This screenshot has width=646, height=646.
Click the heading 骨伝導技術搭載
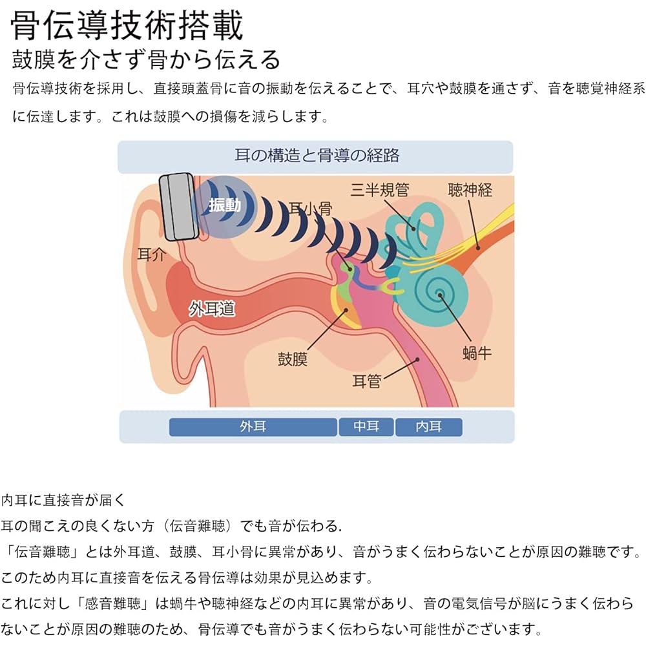tap(127, 25)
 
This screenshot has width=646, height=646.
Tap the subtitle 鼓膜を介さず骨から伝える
tap(146, 59)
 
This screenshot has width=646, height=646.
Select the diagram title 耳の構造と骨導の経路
tap(317, 156)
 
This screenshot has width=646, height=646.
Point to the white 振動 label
tap(225, 205)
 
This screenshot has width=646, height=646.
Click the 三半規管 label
tap(379, 189)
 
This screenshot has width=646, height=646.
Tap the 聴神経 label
tap(470, 190)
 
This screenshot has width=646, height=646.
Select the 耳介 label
tap(152, 255)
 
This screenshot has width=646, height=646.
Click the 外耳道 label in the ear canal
tap(212, 308)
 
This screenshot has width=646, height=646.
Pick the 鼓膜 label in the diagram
tap(293, 359)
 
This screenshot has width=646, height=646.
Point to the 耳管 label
tap(367, 381)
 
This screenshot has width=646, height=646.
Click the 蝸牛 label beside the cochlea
tap(477, 353)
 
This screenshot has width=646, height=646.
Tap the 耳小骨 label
tap(310, 209)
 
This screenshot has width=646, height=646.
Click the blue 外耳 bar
tap(253, 427)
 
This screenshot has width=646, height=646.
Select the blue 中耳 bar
tap(366, 427)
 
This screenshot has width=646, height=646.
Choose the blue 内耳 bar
tap(428, 427)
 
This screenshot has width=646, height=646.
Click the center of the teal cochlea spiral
tap(439, 294)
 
